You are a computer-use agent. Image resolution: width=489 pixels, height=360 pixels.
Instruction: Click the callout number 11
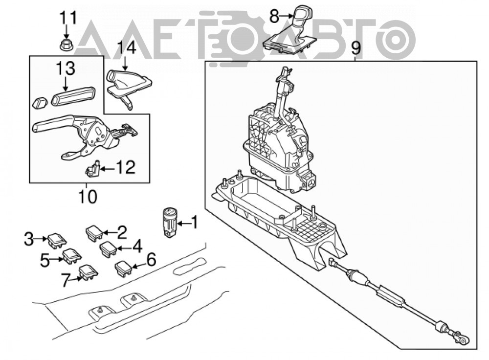coord(68,18)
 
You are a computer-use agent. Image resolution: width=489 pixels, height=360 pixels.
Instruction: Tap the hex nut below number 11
coord(66,45)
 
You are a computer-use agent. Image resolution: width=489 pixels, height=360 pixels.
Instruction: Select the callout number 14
coord(127,48)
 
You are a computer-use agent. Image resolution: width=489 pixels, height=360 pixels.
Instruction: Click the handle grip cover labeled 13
coord(73,96)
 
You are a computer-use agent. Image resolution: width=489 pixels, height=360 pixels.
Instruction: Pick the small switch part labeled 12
coord(92,168)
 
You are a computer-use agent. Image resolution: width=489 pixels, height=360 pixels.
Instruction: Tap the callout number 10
coord(88,197)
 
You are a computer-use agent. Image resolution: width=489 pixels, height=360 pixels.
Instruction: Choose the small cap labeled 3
coord(57,241)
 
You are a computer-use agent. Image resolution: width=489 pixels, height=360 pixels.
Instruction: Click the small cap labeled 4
coord(108,248)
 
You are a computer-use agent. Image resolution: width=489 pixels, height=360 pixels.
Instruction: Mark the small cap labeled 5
coord(72,256)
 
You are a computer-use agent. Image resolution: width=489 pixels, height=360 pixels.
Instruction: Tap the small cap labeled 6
coord(124,268)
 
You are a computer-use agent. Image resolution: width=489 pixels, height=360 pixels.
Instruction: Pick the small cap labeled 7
coord(88,272)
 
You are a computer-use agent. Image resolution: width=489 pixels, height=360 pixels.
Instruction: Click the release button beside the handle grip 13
coord(40,103)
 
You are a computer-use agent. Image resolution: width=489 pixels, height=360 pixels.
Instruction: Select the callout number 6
coord(151,260)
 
